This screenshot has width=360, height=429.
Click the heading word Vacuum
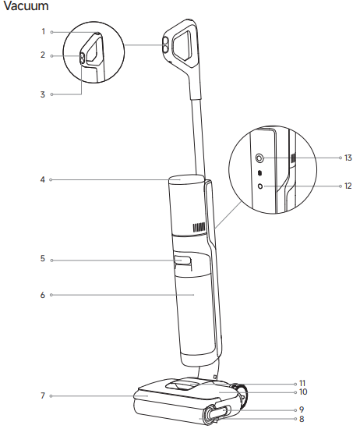pyautogui.click(x=26, y=7)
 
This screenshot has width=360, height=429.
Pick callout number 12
pyautogui.click(x=348, y=186)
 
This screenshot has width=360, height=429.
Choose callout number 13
pyautogui.click(x=348, y=158)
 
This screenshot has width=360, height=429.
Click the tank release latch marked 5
pyautogui.click(x=182, y=261)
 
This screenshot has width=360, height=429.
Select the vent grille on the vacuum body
pyautogui.click(x=199, y=228)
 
